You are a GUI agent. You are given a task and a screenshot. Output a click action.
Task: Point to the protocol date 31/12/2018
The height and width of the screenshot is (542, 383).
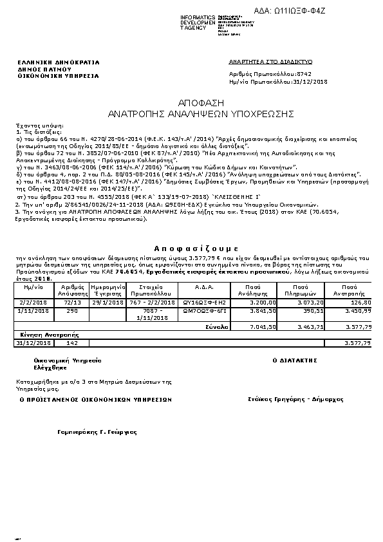point(310,82)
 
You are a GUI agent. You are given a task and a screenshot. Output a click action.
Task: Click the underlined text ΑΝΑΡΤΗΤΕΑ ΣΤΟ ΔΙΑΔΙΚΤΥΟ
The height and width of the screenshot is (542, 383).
point(270,61)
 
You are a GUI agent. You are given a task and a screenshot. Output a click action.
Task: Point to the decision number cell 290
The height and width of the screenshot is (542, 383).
point(72,310)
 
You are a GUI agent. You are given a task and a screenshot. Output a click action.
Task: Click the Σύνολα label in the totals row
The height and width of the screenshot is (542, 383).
point(218,326)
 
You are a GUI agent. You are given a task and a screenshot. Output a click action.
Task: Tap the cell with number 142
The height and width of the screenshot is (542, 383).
point(72,343)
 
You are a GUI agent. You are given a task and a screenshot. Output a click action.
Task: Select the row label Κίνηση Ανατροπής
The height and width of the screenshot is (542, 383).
point(40,335)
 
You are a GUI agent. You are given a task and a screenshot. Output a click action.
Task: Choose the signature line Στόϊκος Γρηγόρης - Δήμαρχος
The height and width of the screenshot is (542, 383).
point(295,399)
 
